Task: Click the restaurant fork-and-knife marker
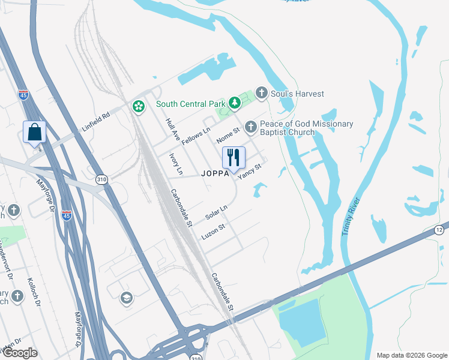pos(234,158)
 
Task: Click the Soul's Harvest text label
pos(297,94)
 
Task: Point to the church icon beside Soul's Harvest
pos(261,93)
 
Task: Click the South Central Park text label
pos(190,104)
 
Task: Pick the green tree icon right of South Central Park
pos(234,104)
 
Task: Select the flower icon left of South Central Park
pos(139,107)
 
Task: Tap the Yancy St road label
pos(250,172)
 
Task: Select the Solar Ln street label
pos(216,212)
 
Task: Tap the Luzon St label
pos(212,232)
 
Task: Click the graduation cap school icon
pos(126,298)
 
